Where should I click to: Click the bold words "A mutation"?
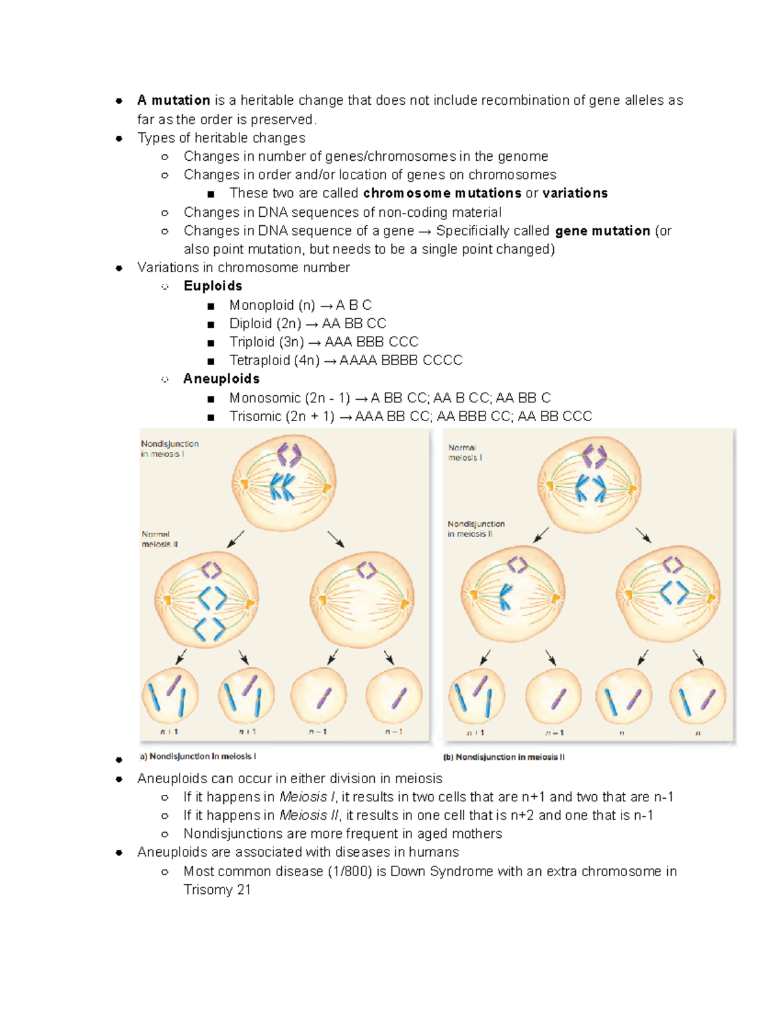173,100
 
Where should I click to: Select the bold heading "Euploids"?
213,286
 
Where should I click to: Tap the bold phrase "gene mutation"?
603,230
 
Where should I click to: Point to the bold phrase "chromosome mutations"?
442,193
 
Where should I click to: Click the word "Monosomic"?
261,398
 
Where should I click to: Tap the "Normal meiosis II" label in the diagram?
159,539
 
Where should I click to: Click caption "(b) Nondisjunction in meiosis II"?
504,757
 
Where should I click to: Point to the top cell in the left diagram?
284,482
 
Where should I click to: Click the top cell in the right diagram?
590,485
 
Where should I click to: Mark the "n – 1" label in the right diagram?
555,733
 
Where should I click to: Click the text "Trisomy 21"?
217,890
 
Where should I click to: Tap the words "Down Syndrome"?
441,872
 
